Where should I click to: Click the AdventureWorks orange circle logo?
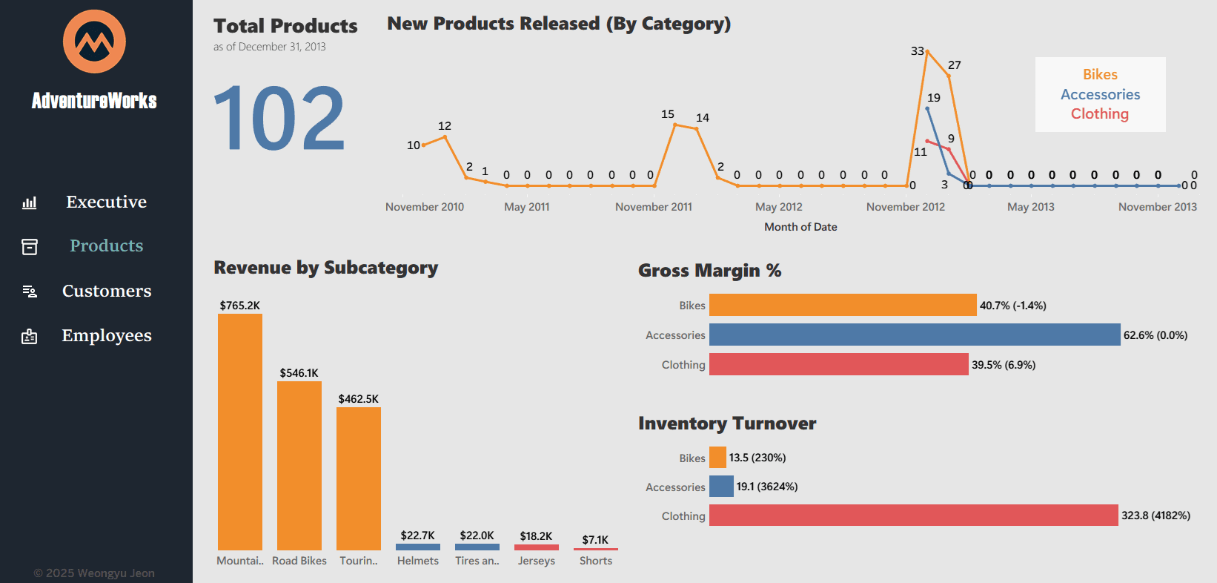point(94,42)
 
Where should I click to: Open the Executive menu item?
point(106,202)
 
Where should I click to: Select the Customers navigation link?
point(106,291)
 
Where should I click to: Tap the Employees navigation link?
point(106,335)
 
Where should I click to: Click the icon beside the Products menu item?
point(30,246)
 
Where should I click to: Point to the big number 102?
point(279,119)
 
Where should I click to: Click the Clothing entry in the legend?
point(1099,113)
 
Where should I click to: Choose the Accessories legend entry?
point(1100,94)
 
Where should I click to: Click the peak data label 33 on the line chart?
point(917,51)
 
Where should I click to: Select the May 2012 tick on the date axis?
point(778,207)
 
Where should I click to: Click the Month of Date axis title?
point(800,227)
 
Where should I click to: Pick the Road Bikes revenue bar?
point(299,466)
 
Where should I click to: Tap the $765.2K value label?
point(239,306)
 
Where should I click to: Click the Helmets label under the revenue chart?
point(417,561)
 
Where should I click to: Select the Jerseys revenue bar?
point(536,547)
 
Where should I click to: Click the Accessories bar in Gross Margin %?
point(914,335)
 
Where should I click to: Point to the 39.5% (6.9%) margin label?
point(1004,365)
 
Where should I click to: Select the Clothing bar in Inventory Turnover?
point(913,516)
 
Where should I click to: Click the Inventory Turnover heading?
point(726,424)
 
